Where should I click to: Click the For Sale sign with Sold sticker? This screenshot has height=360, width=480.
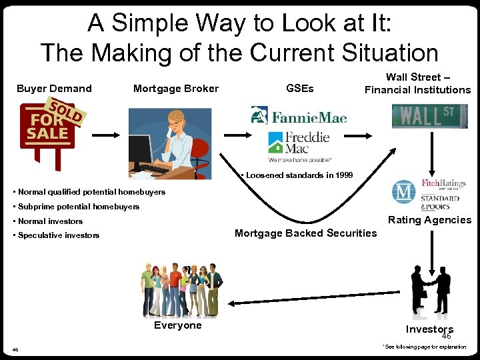pyautogui.click(x=51, y=130)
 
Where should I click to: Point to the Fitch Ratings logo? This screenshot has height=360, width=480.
pyautogui.click(x=443, y=184)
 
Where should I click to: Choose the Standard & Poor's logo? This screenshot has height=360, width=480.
pyautogui.click(x=439, y=202)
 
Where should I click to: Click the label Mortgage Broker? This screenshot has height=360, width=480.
pyautogui.click(x=176, y=89)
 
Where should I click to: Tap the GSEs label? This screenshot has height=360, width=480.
pyautogui.click(x=299, y=89)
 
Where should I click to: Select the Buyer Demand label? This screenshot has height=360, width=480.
pyautogui.click(x=54, y=89)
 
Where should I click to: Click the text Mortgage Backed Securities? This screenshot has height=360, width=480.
pyautogui.click(x=305, y=233)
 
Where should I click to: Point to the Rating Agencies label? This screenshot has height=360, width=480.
pyautogui.click(x=429, y=220)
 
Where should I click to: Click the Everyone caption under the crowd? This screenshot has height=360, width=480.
pyautogui.click(x=177, y=325)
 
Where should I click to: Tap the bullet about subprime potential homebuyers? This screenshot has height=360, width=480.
pyautogui.click(x=77, y=207)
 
